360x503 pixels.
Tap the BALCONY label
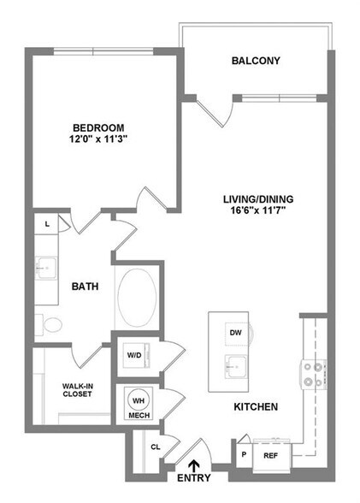pyautogui.click(x=256, y=61)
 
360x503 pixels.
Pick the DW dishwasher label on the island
pyautogui.click(x=235, y=332)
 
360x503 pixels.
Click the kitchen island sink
pyautogui.click(x=235, y=365)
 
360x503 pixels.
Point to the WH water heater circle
pyautogui.click(x=138, y=400)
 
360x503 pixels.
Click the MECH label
pyautogui.click(x=139, y=417)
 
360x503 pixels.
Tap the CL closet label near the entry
pyautogui.click(x=156, y=447)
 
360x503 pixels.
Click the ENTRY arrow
pyautogui.click(x=195, y=467)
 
